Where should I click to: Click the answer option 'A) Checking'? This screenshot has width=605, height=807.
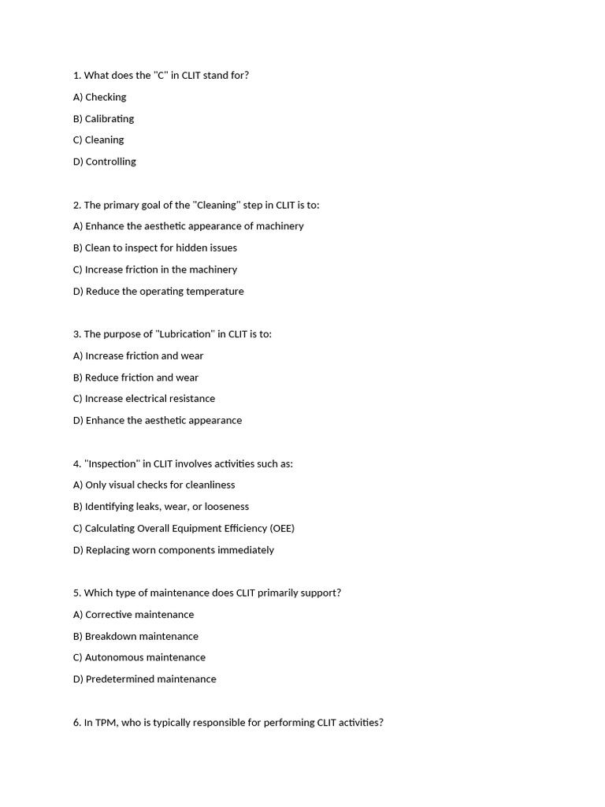click(99, 97)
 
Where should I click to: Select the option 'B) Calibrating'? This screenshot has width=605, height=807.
click(103, 118)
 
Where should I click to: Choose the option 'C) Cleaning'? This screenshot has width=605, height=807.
click(98, 139)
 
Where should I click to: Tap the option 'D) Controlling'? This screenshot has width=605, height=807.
click(104, 162)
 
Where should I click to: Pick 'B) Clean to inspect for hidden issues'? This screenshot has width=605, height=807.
click(154, 247)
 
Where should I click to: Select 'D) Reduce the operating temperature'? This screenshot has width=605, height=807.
click(158, 291)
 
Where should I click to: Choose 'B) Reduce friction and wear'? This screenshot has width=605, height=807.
click(135, 377)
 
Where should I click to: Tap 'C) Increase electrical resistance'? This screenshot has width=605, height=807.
click(143, 399)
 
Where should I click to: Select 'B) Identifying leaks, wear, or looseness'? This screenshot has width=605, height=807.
click(161, 507)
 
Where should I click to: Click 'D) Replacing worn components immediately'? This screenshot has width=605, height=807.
click(173, 550)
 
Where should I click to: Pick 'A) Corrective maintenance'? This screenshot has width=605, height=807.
click(133, 615)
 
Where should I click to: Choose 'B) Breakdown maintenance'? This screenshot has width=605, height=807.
click(135, 636)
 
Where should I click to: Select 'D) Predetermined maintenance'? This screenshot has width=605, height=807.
click(144, 679)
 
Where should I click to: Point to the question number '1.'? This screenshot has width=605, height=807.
click(77, 76)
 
